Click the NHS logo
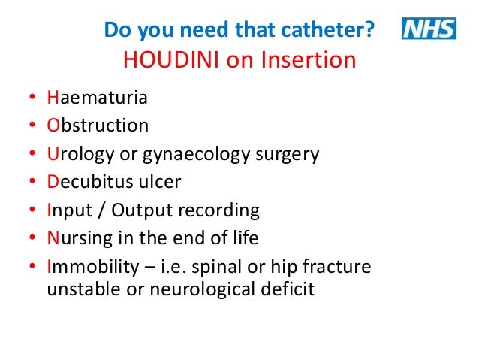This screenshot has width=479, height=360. coord(429,29)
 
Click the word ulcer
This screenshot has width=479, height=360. coord(160,182)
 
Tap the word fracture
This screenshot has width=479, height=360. coord(340,267)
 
